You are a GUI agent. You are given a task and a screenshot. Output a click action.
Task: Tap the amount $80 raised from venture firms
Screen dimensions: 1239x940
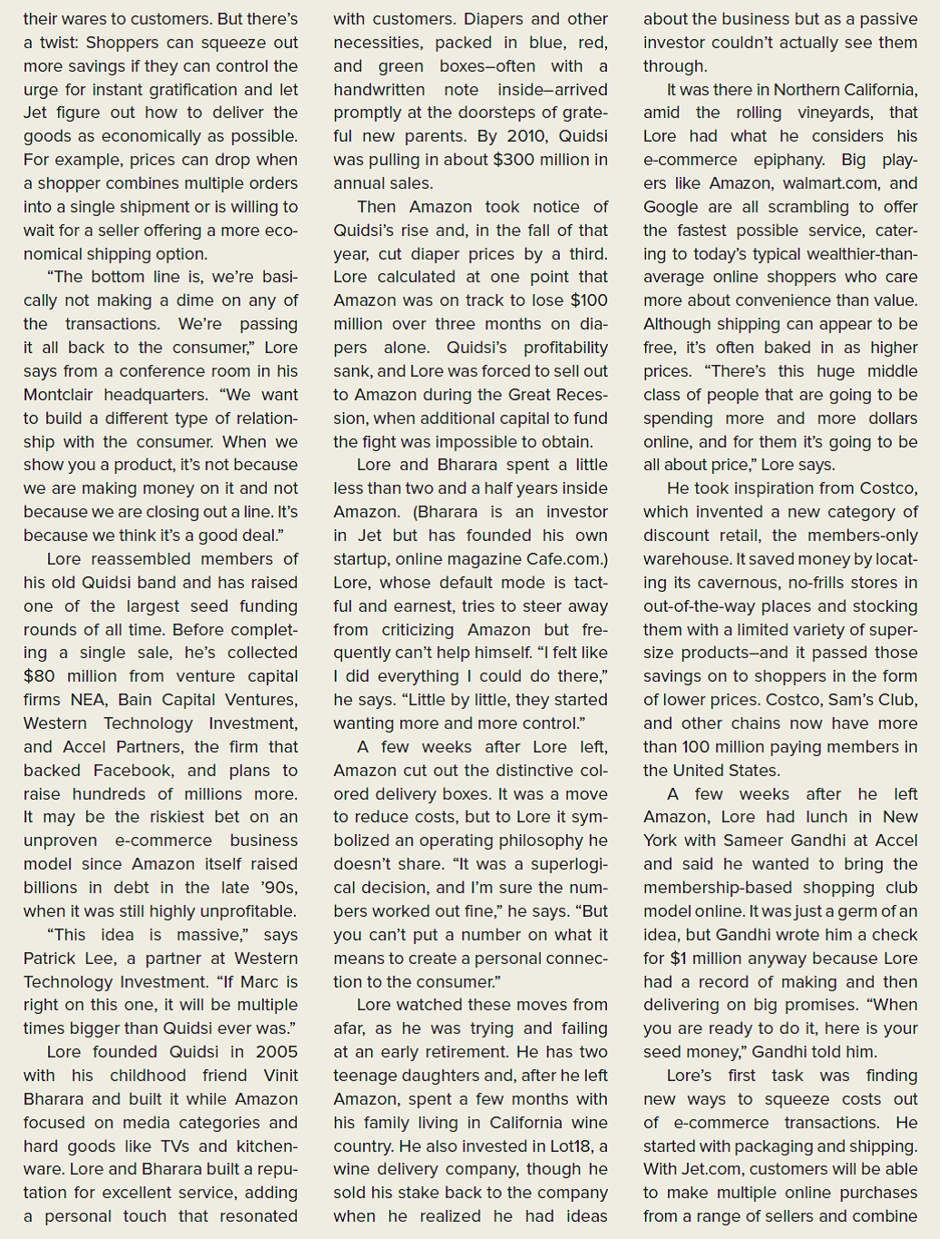point(39,676)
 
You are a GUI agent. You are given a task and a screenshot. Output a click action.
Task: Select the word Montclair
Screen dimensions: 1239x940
point(60,395)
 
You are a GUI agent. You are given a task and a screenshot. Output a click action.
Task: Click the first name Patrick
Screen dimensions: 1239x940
point(53,959)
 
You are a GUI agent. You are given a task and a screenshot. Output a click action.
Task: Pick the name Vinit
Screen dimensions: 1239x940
point(280,1076)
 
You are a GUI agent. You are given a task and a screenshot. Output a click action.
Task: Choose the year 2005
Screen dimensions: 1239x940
point(276,1052)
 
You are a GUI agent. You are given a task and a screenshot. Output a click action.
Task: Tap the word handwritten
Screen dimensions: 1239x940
point(378,90)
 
